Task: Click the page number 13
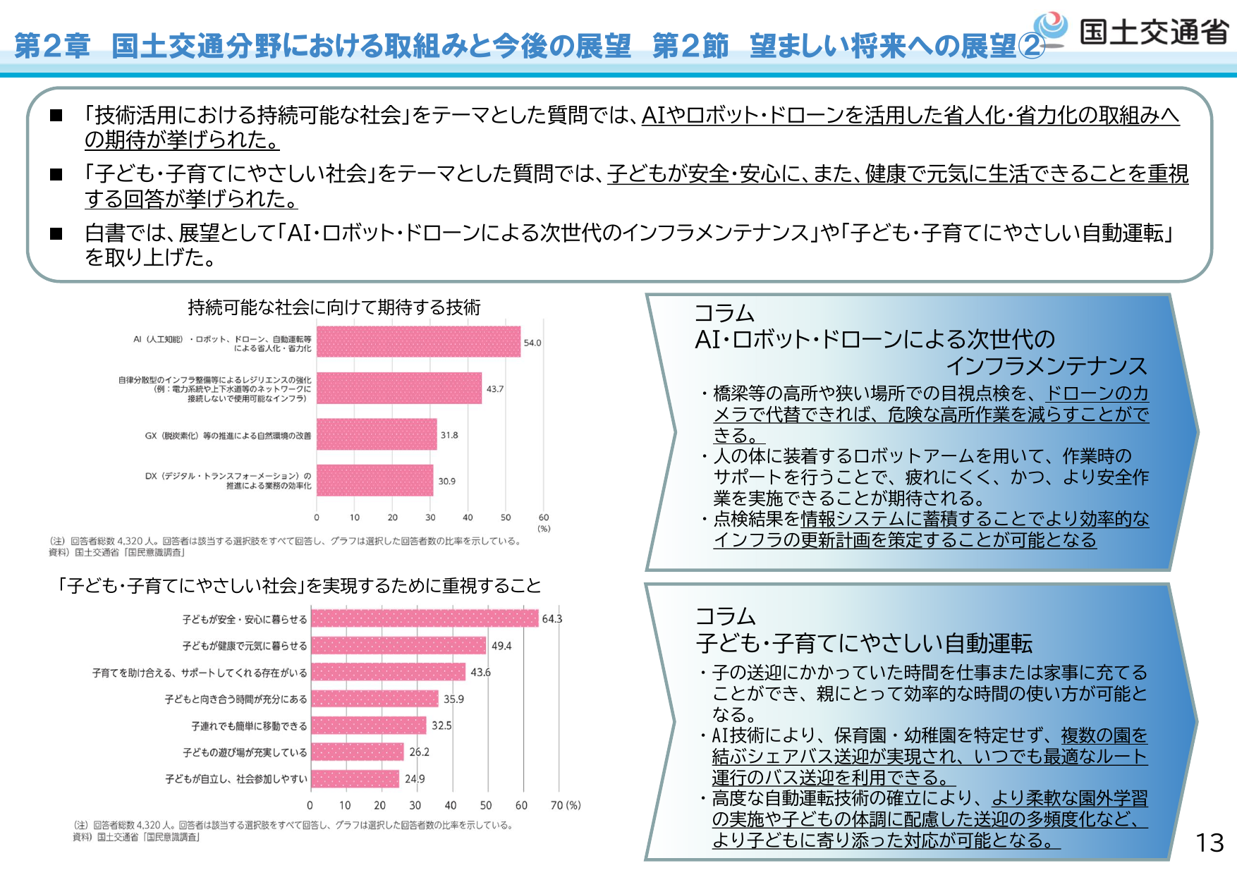1209,843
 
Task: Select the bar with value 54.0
418,342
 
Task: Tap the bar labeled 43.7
399,388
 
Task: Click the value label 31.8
449,435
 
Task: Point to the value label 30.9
446,481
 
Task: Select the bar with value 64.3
425,618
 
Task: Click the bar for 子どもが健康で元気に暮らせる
398,645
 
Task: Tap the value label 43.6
480,672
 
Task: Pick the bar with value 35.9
374,699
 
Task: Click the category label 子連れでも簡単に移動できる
249,726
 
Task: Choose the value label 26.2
419,752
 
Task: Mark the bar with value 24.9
355,778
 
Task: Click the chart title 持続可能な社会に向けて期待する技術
334,307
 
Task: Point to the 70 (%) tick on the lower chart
566,805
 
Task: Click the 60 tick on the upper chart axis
543,518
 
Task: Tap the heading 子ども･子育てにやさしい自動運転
864,643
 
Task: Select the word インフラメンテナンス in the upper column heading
1047,365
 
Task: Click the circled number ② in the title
1030,46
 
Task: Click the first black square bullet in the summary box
56,116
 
